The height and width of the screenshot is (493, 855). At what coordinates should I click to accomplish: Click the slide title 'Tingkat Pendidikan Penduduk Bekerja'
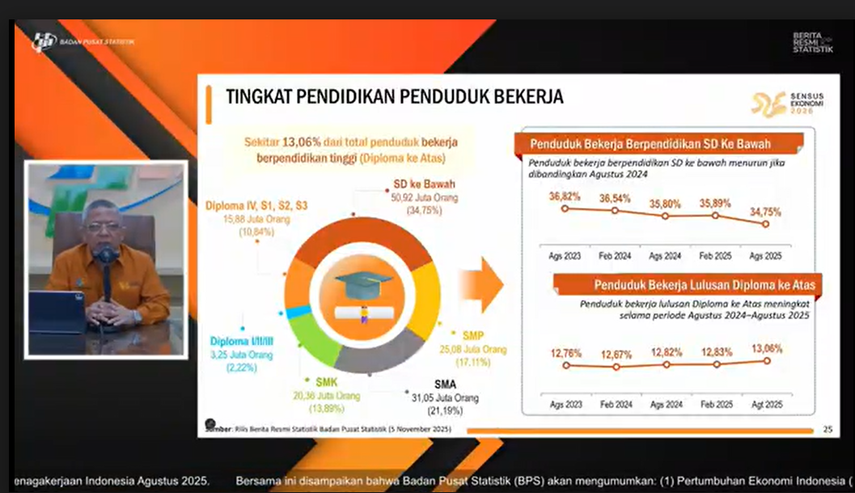click(395, 97)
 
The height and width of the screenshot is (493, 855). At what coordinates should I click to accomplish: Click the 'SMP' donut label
click(473, 334)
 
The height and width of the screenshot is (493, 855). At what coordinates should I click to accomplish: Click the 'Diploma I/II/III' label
click(241, 342)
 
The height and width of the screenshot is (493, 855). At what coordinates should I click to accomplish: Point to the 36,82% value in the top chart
click(565, 197)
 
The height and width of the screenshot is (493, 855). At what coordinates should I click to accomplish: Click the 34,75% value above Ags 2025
click(765, 212)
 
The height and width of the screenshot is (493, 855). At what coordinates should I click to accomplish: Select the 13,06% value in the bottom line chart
click(767, 349)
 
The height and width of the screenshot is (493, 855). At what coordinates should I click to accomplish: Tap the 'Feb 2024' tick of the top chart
click(615, 256)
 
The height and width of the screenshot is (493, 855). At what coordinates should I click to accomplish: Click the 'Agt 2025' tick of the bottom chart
click(767, 404)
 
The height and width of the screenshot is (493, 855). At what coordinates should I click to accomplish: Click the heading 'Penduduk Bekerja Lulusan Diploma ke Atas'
click(704, 285)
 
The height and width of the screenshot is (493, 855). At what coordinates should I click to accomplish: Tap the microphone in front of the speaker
click(105, 256)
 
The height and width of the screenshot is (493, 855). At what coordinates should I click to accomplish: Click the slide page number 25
click(827, 429)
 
